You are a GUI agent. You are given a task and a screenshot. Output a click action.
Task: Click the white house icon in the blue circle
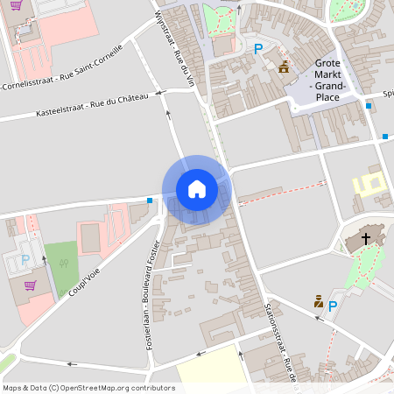tap(196, 188)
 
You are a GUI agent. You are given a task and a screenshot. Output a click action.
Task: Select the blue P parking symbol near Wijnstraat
tap(257, 50)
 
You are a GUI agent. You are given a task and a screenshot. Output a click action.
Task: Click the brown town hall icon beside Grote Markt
tap(284, 67)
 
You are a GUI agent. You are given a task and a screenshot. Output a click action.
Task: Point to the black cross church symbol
tap(365, 237)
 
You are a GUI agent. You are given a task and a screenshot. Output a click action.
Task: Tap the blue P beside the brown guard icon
tap(333, 306)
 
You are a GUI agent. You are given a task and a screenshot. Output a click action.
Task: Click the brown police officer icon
tap(319, 301)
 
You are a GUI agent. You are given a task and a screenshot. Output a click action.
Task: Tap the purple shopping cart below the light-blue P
tap(29, 285)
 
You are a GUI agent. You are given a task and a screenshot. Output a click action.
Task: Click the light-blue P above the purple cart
tap(25, 259)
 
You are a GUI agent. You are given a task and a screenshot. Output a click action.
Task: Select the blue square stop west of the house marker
tap(151, 201)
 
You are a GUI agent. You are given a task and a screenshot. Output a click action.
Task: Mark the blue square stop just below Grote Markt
tap(369, 106)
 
